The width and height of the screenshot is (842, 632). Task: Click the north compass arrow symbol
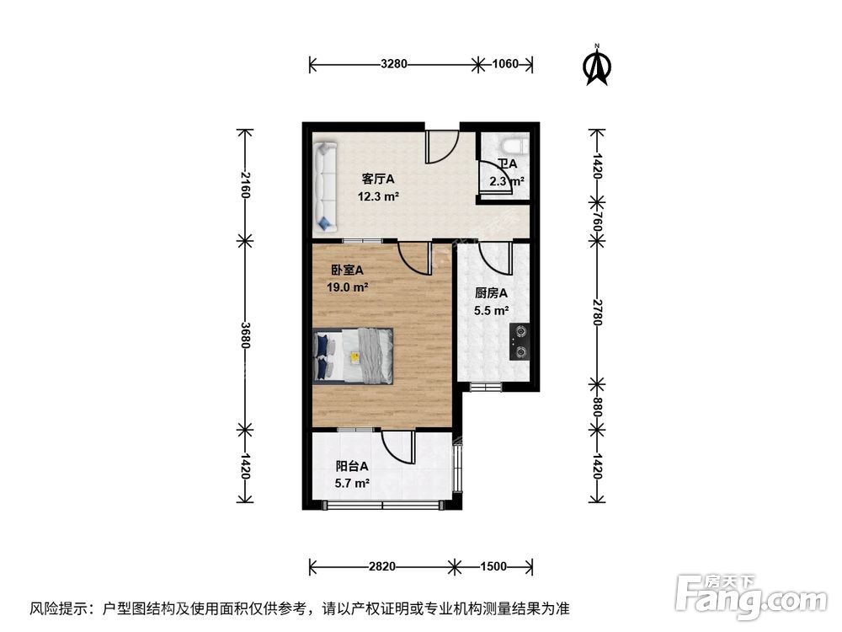click(x=599, y=66)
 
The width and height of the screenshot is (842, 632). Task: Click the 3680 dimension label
click(x=245, y=335)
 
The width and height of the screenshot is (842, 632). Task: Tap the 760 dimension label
click(x=597, y=222)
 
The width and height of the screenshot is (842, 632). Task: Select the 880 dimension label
click(x=597, y=404)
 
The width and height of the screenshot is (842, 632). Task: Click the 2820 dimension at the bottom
click(x=382, y=566)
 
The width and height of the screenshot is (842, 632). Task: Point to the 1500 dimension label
click(x=493, y=566)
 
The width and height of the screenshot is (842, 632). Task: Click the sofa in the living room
click(x=325, y=186)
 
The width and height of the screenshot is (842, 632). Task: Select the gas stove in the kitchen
click(x=520, y=341)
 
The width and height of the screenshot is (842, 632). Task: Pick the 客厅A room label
click(x=378, y=179)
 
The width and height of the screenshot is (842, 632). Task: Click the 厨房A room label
click(x=491, y=294)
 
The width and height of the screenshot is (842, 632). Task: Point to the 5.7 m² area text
click(x=353, y=484)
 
